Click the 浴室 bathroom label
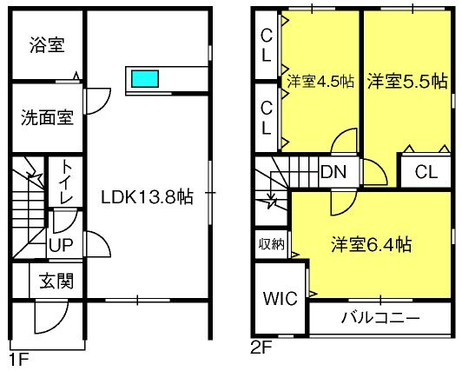(47, 45)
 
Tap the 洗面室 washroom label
(47, 117)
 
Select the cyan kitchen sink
(145, 79)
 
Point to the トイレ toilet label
(65, 182)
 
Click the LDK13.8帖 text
(147, 197)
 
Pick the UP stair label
(61, 245)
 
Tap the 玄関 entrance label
(56, 281)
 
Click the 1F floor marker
(19, 360)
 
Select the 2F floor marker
(261, 348)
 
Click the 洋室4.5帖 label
(320, 81)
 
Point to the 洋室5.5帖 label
(407, 81)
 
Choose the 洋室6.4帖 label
(372, 245)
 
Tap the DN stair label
(333, 172)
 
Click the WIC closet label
(280, 299)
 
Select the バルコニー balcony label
(380, 318)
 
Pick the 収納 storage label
(272, 244)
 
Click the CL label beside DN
(426, 172)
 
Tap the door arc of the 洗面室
(104, 104)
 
